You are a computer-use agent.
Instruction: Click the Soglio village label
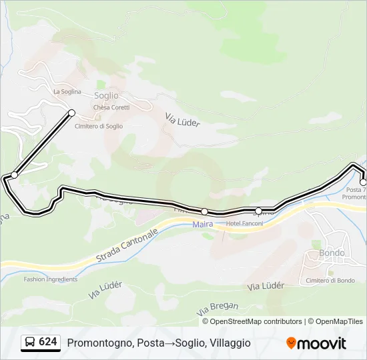tap(107, 96)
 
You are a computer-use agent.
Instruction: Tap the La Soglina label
tap(67, 91)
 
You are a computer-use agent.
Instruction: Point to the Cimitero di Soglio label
tap(99, 126)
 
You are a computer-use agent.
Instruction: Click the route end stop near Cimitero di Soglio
tap(71, 113)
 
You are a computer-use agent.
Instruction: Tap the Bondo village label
tap(332, 253)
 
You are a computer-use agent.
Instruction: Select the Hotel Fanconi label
tap(245, 223)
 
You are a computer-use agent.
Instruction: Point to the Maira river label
tap(203, 224)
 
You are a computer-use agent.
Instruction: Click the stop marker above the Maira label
tap(204, 211)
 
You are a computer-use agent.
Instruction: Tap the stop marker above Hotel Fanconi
tap(259, 211)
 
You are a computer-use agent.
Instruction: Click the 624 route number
tap(47, 342)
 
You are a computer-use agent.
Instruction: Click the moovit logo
tap(316, 343)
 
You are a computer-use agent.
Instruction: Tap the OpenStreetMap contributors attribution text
tap(256, 321)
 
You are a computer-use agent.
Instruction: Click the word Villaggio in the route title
tap(230, 343)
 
